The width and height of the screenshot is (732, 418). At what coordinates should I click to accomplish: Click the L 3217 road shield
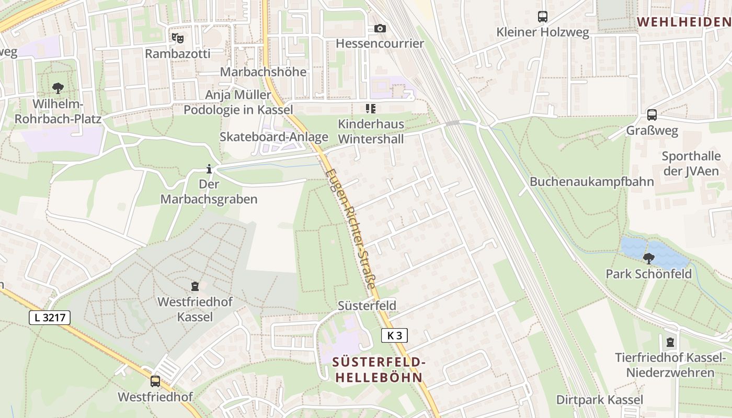(x=50, y=317)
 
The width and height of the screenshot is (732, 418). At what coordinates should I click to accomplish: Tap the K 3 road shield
(x=394, y=335)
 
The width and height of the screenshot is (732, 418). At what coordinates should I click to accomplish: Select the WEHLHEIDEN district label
(x=684, y=22)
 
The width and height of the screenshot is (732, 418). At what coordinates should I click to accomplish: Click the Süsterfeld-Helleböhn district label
(x=379, y=369)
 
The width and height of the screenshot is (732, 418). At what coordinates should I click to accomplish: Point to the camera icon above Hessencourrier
(x=380, y=28)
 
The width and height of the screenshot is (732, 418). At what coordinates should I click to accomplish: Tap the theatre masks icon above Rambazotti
(x=178, y=38)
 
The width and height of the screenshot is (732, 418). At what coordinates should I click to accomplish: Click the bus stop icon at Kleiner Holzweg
(x=543, y=17)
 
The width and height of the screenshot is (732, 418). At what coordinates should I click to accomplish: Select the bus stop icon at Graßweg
(x=652, y=115)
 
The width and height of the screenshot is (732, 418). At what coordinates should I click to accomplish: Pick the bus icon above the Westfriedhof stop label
(x=155, y=381)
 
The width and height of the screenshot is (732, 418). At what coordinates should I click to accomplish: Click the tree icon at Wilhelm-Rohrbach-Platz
(x=58, y=88)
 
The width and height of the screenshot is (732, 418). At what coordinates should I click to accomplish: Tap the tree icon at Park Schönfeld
(x=649, y=258)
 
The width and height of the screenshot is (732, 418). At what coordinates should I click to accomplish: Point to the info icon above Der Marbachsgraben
(x=209, y=169)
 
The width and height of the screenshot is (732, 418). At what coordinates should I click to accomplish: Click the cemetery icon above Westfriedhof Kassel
(x=195, y=286)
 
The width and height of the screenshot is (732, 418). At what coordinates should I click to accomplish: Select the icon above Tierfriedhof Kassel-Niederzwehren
(x=670, y=343)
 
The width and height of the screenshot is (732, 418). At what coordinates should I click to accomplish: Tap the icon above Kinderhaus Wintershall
(x=371, y=109)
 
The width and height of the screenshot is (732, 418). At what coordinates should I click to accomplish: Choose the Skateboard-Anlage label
(x=274, y=137)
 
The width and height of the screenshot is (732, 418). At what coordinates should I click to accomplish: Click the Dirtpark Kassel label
(x=599, y=400)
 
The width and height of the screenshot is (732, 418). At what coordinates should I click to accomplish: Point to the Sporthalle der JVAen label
(x=691, y=163)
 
